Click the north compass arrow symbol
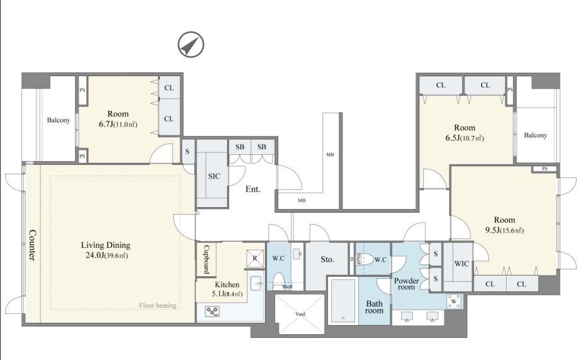[191, 45]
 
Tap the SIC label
[214, 176]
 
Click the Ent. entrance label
[253, 189]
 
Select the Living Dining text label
[106, 245]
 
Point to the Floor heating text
[157, 305]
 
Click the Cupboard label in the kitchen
[206, 259]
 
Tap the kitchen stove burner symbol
[212, 311]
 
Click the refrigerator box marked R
[255, 258]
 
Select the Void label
[300, 314]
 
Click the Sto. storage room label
[327, 259]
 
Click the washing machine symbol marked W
[453, 301]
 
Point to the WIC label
[461, 264]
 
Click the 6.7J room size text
[106, 124]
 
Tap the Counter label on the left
[33, 245]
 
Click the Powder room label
[406, 284]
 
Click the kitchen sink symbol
[256, 283]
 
